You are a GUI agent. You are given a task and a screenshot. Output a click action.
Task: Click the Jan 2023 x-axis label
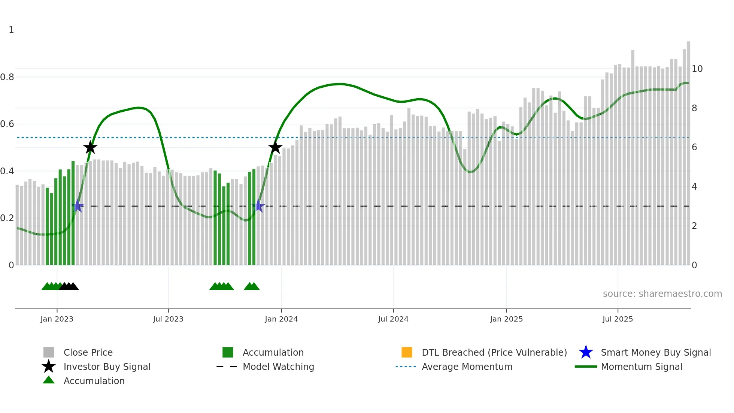[x=57, y=319]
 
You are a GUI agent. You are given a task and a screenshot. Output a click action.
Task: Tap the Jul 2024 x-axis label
[x=393, y=319]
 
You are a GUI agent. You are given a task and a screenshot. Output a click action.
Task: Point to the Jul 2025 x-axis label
[x=618, y=319]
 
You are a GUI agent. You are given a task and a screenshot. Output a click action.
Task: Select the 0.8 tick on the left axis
[x=7, y=77]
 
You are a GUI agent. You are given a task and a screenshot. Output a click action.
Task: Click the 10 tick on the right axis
[x=697, y=69]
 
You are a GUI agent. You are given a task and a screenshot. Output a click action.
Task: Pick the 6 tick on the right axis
[x=694, y=147]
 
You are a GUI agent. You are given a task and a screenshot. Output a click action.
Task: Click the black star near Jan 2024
[x=275, y=148]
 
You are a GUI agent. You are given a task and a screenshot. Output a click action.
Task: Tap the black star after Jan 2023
[x=90, y=148]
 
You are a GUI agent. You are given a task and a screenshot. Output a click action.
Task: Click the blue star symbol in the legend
[x=586, y=352]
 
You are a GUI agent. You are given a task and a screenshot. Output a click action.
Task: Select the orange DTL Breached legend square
[x=407, y=352]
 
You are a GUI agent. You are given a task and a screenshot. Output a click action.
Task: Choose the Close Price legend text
[x=88, y=352]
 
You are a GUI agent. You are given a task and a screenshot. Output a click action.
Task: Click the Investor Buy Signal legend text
[x=107, y=367]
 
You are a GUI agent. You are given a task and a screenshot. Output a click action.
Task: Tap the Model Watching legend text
[x=278, y=367]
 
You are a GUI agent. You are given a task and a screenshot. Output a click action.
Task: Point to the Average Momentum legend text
[x=467, y=367]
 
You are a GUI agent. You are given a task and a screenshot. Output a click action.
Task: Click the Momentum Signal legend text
[x=642, y=367]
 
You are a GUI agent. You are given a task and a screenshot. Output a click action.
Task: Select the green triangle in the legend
[x=49, y=380]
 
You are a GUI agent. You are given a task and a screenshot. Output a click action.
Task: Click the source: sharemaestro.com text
[x=662, y=293]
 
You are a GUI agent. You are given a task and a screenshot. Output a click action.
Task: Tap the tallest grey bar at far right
[x=688, y=150]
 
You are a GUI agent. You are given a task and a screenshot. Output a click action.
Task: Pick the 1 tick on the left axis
[x=11, y=30]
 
